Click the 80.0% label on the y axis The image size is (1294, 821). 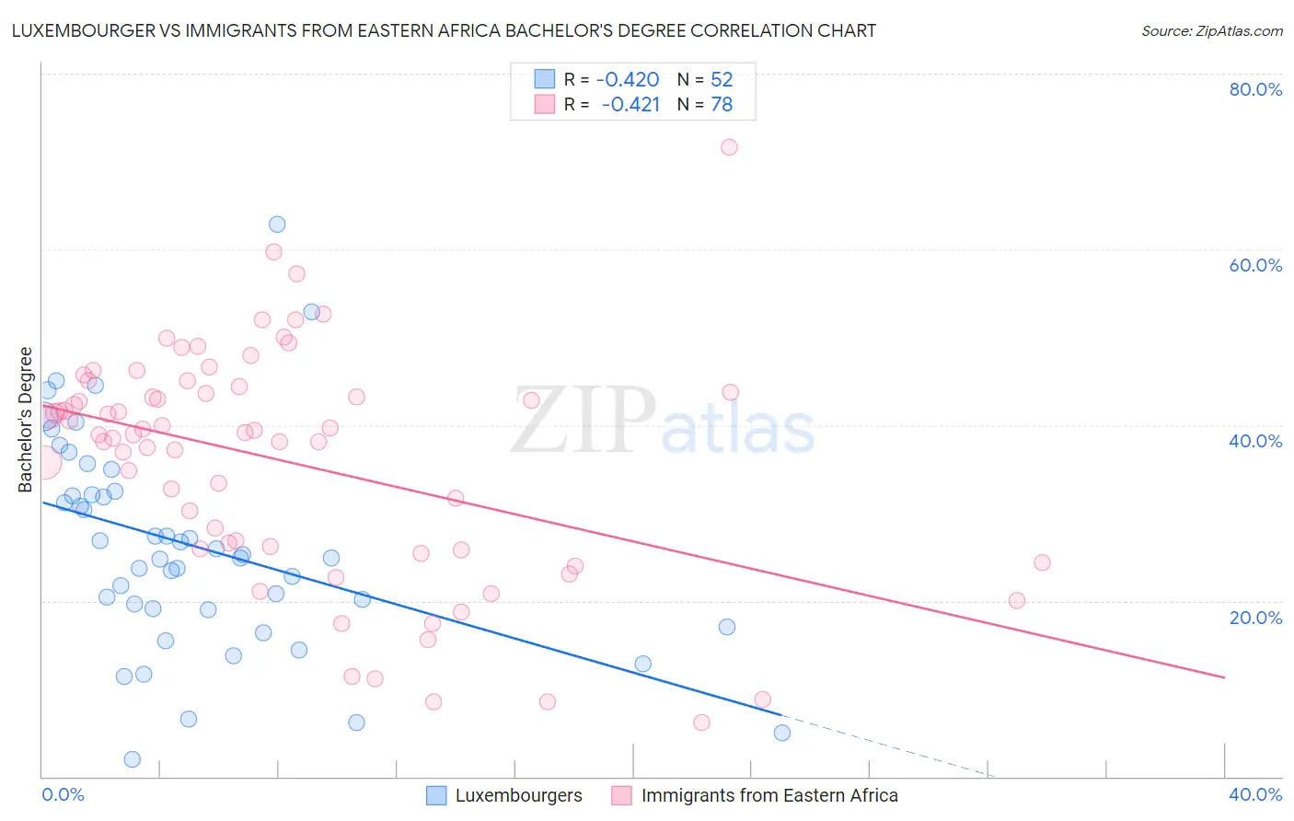1255,89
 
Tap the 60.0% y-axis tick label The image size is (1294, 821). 1255,265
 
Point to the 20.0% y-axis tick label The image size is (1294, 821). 1255,618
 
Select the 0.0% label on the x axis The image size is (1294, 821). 64,795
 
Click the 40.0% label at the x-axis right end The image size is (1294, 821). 1255,795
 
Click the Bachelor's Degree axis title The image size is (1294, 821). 26,420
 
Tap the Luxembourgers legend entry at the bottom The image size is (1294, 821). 518,796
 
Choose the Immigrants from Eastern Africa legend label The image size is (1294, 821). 768,796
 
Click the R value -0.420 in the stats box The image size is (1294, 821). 628,80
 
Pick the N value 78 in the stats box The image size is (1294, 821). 722,105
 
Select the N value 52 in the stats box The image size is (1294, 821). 722,80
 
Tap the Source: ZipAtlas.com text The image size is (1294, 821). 1211,31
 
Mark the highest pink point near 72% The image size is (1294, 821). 729,147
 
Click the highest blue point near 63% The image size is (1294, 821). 277,225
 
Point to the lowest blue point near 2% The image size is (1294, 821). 133,759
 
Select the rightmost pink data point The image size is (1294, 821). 1042,562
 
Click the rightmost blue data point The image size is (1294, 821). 782,733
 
